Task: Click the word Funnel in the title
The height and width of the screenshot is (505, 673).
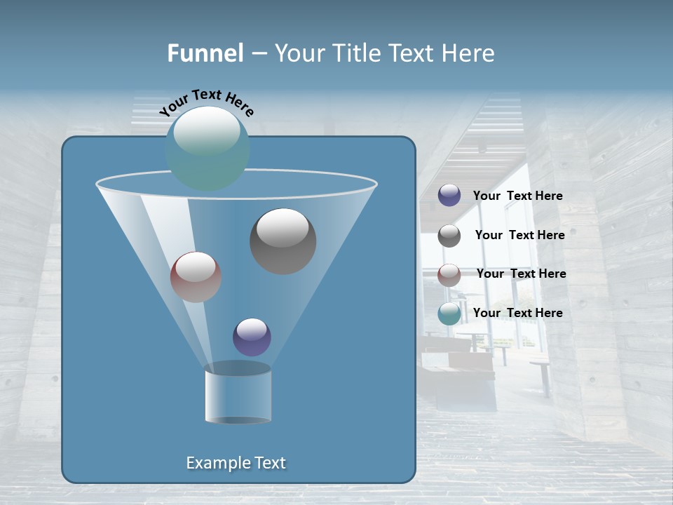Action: coord(205,53)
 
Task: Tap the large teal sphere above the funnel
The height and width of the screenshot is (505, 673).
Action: coord(207,148)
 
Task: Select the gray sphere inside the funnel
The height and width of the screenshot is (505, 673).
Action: coord(283,241)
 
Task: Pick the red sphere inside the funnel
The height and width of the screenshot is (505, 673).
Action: coord(196,277)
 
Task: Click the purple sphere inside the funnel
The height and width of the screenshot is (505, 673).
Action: coord(252,337)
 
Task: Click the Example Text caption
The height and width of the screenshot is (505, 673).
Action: coord(236,463)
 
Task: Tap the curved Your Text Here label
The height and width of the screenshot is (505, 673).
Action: coord(206,102)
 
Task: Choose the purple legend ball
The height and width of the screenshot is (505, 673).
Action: coord(449,196)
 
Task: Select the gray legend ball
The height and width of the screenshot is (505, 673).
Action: coord(449,236)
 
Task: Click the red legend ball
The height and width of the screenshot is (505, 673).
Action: coord(449,274)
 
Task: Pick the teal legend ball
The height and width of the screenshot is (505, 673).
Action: coord(449,314)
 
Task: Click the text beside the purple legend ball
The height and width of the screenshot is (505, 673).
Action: coord(517,196)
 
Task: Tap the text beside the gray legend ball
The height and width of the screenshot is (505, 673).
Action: coord(519,235)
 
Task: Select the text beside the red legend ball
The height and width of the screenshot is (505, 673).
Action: coord(521,274)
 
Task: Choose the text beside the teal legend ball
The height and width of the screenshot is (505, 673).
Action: coord(517,313)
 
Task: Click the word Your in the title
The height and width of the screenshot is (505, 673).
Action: coord(297,53)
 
